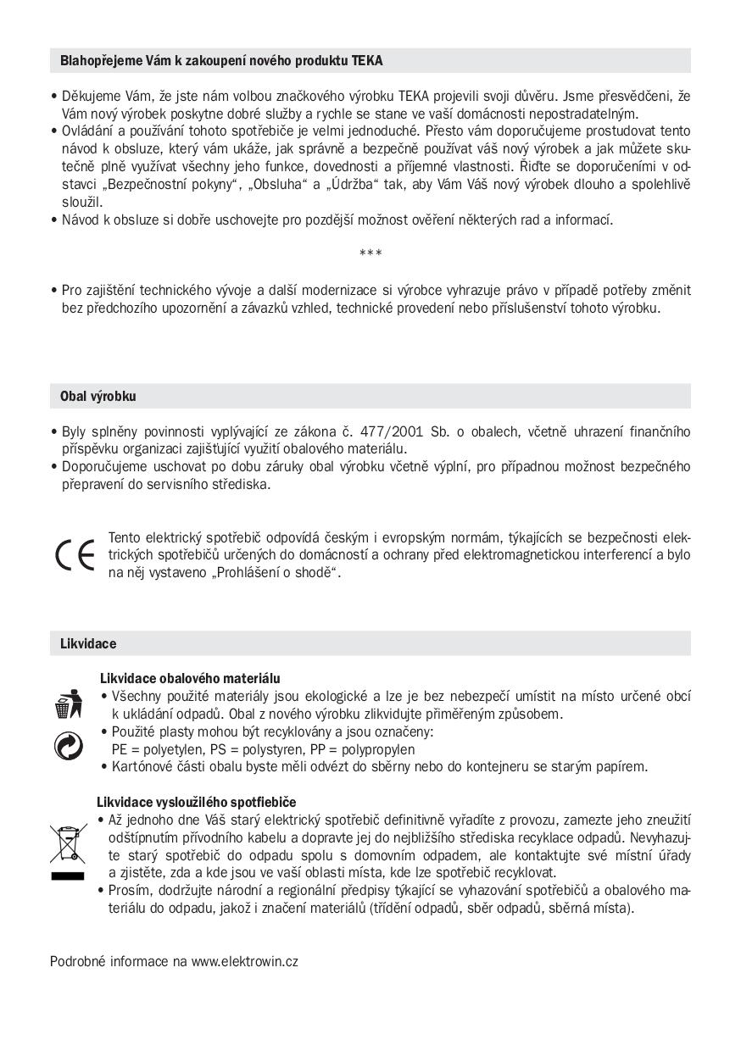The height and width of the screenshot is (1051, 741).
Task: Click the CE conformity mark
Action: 75,554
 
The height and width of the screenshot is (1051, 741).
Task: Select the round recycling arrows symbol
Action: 67,745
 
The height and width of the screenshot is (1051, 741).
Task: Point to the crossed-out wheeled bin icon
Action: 68,843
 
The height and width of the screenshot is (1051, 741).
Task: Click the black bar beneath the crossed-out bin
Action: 68,876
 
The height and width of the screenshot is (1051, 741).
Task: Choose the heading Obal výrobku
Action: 97,396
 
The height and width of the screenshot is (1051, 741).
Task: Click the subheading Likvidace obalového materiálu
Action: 190,678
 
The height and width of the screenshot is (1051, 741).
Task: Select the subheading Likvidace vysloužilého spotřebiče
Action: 196,802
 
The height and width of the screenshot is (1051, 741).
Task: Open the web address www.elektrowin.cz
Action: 244,961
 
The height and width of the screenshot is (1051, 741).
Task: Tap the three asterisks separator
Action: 370,253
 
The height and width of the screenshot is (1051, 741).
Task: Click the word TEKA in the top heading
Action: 367,61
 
